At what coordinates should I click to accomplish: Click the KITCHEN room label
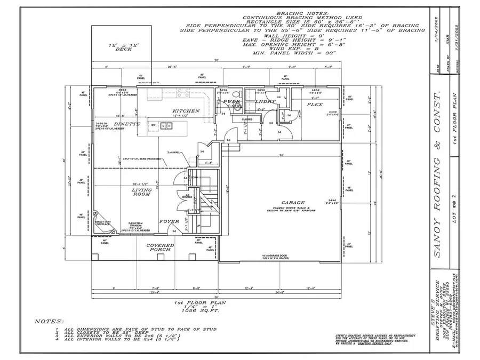tap(186, 111)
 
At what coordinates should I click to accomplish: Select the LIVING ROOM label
tap(142, 193)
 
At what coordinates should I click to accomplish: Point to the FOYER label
tap(166, 221)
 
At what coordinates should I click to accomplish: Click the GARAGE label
tap(293, 203)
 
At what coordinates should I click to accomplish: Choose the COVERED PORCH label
tap(159, 247)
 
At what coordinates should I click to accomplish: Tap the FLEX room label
tap(312, 105)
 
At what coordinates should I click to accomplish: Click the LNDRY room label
tap(265, 101)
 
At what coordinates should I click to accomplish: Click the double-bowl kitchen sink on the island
tap(167, 126)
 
